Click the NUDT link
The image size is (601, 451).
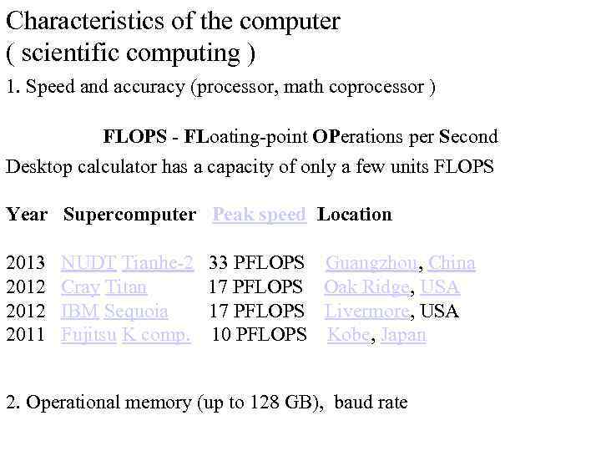coord(88,264)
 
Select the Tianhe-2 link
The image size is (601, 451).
coord(158,264)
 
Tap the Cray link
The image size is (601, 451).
coord(81,288)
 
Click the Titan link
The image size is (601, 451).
coord(126,288)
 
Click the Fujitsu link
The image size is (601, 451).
coord(88,336)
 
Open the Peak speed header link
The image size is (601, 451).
coord(259,215)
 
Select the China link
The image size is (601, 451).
coord(452,264)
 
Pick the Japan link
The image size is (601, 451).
coord(403,336)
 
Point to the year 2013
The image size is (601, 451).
coord(25,264)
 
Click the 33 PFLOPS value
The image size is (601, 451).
coord(256,264)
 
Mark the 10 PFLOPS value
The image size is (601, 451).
coord(260,336)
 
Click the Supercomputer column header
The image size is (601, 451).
coord(129,215)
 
